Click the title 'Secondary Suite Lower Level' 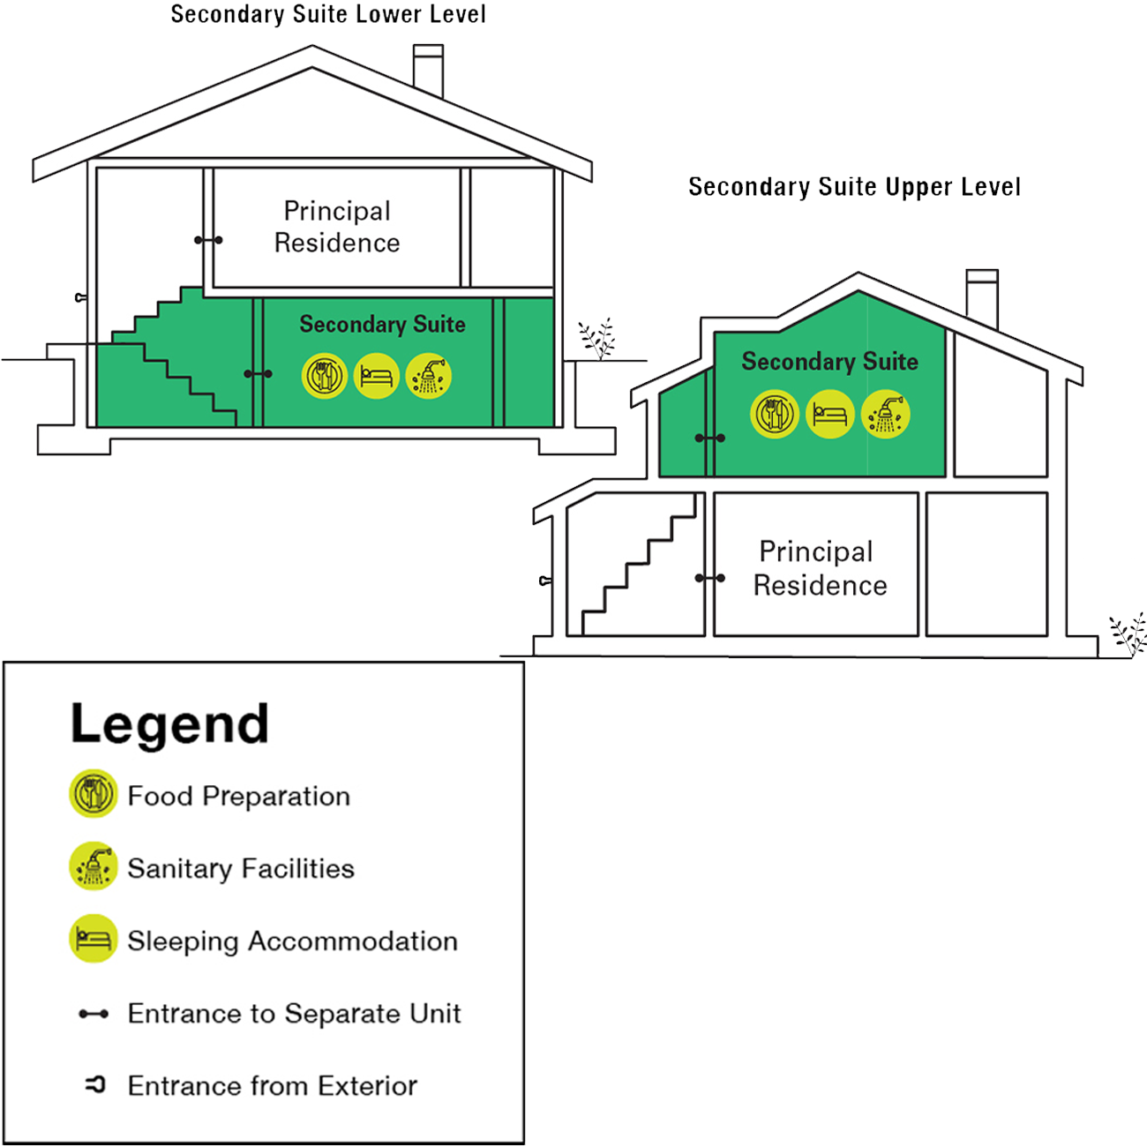[328, 14]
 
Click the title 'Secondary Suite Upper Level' [854, 187]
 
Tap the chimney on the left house [429, 71]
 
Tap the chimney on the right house [982, 299]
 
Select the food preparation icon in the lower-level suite [325, 376]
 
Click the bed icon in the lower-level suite [376, 376]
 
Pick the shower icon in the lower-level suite [429, 376]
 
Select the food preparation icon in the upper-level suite [775, 415]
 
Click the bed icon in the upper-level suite [829, 415]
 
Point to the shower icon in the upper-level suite [886, 415]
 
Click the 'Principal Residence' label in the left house [337, 227]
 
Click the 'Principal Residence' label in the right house [820, 568]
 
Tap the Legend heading [169, 724]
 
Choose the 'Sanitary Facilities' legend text [241, 868]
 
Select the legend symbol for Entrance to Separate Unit [94, 1014]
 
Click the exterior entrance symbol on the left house [81, 297]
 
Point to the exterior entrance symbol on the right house [545, 581]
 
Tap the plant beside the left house [597, 339]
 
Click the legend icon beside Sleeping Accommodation [94, 939]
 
